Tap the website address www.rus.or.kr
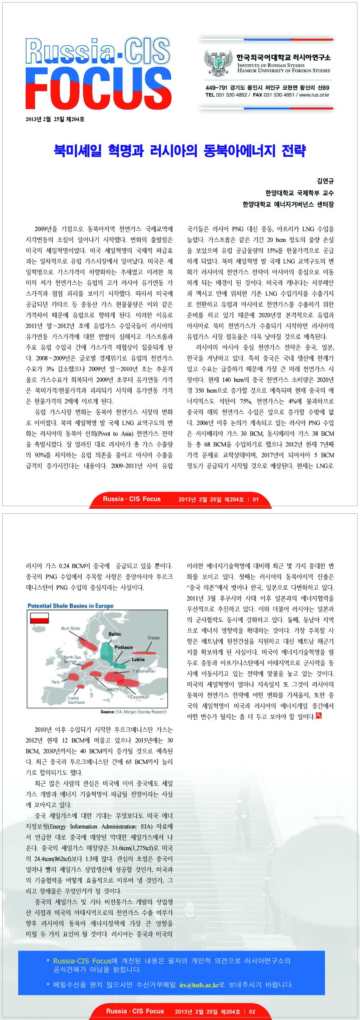pos(314,95)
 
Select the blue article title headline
pos(180,150)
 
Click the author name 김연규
pos(325,181)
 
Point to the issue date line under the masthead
pos(55,119)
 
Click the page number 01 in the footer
pos(255,499)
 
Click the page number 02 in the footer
pos(252,1012)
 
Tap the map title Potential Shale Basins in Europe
pos(70,606)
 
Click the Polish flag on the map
pos(39,618)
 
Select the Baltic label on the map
pos(115,634)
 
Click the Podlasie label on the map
pos(123,647)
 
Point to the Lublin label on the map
pos(138,660)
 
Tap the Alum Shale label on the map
pos(70,628)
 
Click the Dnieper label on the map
pos(153,637)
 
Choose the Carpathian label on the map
pos(139,697)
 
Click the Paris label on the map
pos(55,682)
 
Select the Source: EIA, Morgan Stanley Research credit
pos(133,712)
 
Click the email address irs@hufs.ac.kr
pos(199,985)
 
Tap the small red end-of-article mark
pos(318,716)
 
